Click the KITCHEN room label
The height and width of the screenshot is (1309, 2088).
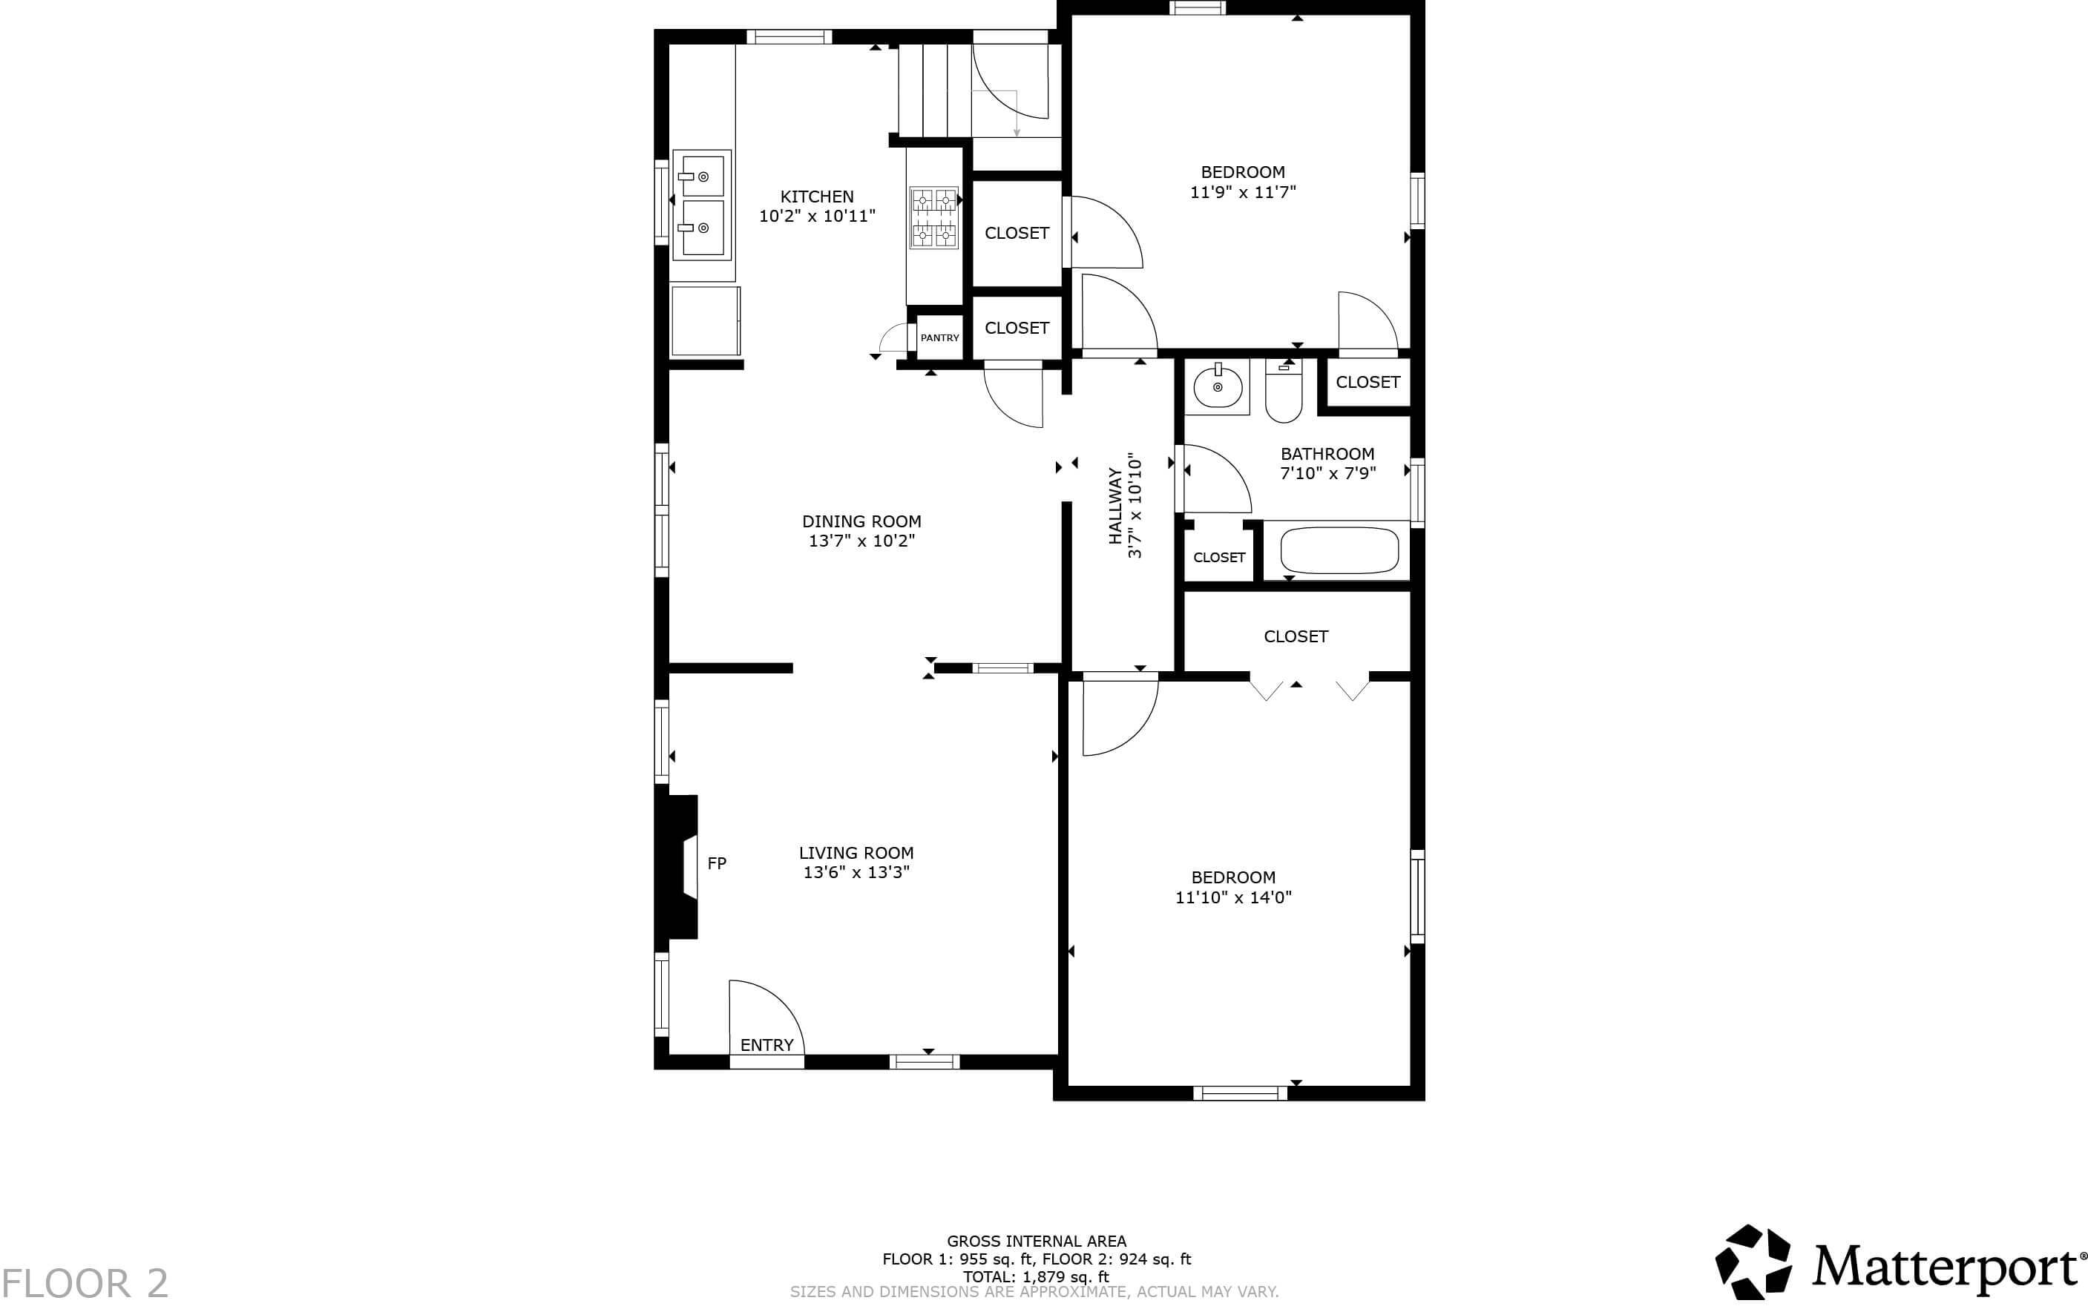coord(817,197)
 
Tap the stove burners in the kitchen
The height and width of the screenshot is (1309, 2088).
coord(933,217)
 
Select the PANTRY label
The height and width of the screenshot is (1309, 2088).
coord(939,337)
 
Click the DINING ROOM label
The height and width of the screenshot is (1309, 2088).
coord(861,521)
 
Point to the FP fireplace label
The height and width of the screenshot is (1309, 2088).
coord(716,863)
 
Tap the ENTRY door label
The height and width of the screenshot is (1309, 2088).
coord(766,1045)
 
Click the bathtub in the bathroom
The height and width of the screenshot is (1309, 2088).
coord(1338,550)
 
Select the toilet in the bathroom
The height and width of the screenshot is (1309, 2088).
coord(1283,394)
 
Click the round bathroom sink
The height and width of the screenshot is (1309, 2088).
coord(1217,387)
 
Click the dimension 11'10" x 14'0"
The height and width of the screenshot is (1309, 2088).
coord(1232,898)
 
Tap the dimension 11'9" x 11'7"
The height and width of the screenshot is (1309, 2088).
coord(1243,192)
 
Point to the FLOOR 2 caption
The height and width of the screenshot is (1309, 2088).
coord(85,1283)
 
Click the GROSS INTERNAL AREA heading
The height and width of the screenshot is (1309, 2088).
coord(1036,1241)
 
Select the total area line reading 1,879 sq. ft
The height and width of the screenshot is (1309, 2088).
coord(1036,1276)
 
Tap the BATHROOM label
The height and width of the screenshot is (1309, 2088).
coord(1327,454)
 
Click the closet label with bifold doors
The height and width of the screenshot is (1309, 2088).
coord(1295,636)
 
